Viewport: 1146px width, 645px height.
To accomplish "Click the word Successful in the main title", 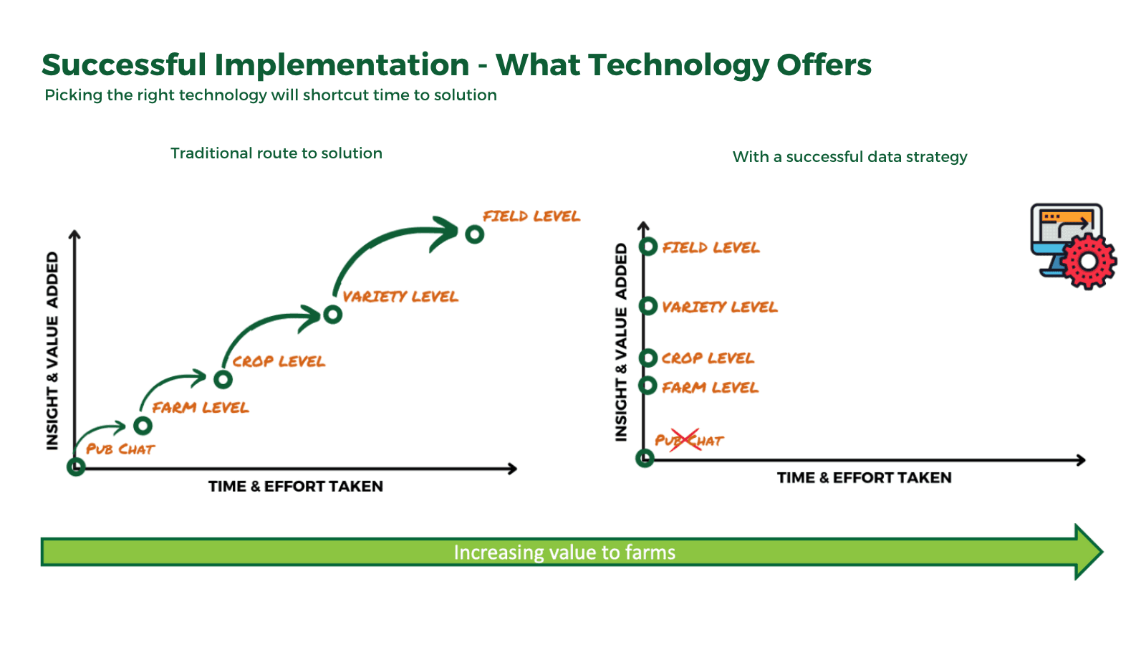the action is pyautogui.click(x=124, y=65).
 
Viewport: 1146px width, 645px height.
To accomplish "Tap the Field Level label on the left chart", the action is pyautogui.click(x=531, y=216).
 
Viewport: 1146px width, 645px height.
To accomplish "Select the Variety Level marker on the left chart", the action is pyautogui.click(x=332, y=314).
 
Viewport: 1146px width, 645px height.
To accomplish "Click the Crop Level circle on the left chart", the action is pyautogui.click(x=223, y=378).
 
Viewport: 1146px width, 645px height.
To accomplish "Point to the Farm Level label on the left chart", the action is pyautogui.click(x=201, y=408).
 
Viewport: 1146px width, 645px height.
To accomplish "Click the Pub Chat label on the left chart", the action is pyautogui.click(x=120, y=449).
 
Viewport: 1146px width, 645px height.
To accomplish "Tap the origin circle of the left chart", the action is pyautogui.click(x=76, y=467).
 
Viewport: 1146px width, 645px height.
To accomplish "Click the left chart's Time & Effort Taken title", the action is pyautogui.click(x=295, y=487).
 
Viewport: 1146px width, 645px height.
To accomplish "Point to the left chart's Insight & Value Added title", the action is pyautogui.click(x=52, y=351).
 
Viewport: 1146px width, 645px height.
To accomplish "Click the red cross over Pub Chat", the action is pyautogui.click(x=685, y=439).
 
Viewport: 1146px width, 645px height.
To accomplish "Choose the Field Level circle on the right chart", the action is pyautogui.click(x=648, y=247).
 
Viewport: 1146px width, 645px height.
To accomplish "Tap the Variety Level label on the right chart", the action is pyautogui.click(x=719, y=307).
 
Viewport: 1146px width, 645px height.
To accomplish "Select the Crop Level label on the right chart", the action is pyautogui.click(x=707, y=358).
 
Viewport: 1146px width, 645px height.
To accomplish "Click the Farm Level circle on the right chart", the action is pyautogui.click(x=648, y=386).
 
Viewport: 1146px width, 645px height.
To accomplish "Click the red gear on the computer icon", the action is pyautogui.click(x=1088, y=262).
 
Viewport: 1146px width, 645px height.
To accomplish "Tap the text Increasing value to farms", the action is pyautogui.click(x=564, y=553).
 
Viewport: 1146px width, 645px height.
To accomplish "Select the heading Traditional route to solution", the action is pyautogui.click(x=276, y=153).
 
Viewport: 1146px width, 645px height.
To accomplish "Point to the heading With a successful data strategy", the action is pyautogui.click(x=849, y=157).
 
